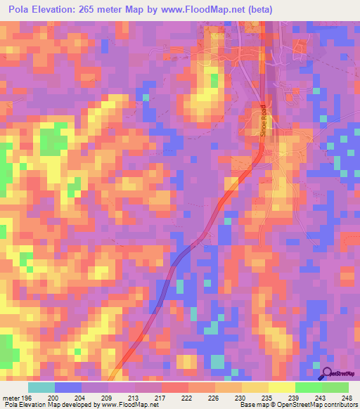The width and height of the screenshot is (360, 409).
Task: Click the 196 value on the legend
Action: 27,398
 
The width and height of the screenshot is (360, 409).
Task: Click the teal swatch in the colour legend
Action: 41,387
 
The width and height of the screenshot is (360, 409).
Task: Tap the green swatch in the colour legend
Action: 321,387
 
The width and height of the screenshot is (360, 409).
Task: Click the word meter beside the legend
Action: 10,398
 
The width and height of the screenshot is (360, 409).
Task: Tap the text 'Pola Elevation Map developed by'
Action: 49,405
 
